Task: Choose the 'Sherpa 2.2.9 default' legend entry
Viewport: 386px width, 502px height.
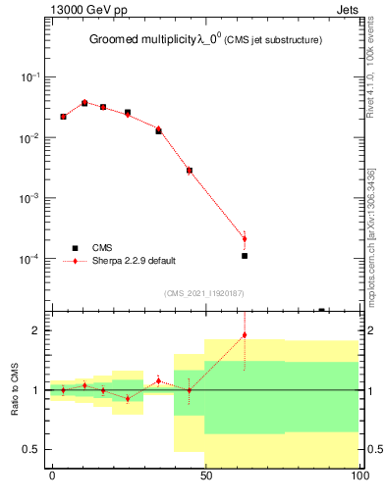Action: [x=134, y=261]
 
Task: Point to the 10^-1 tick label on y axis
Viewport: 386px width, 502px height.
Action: [x=28, y=77]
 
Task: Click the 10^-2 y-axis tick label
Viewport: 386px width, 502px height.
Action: [x=28, y=138]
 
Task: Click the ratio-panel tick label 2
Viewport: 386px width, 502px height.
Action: [x=38, y=330]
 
